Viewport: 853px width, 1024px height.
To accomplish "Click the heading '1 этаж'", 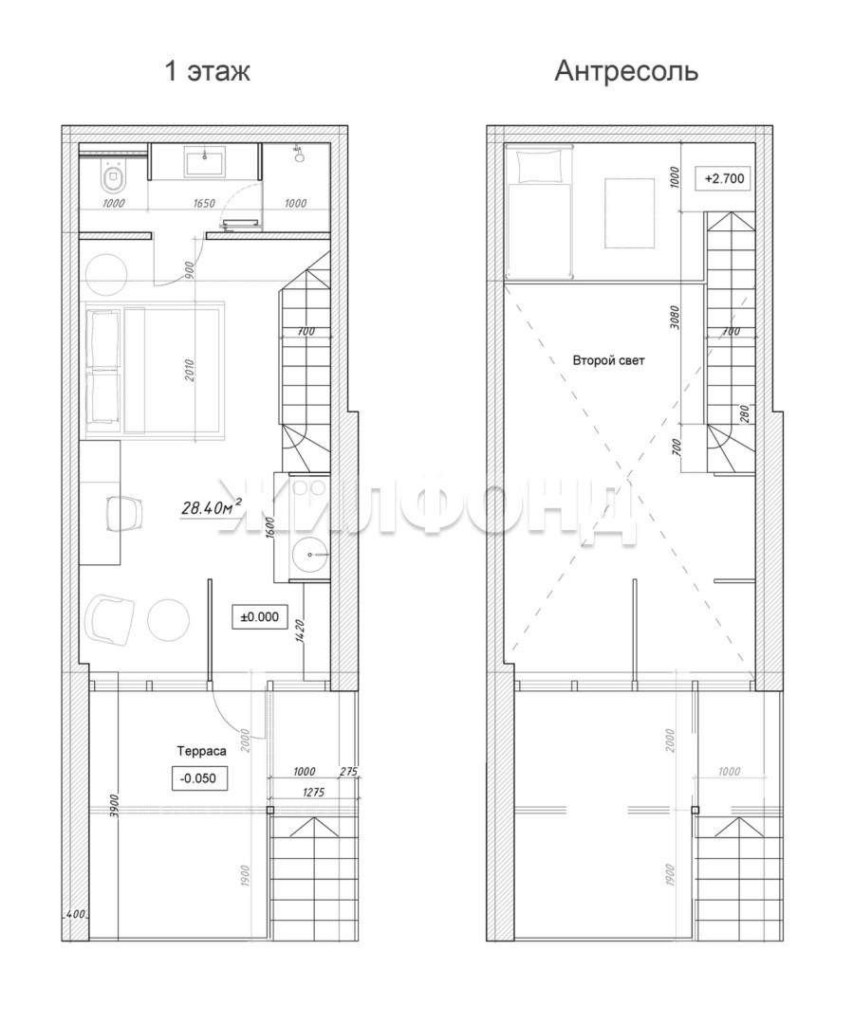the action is point(207,71).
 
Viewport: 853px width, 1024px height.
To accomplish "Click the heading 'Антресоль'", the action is point(626,71).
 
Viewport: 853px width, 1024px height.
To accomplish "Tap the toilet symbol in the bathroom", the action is point(112,175).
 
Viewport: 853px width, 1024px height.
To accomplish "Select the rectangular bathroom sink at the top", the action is point(205,162).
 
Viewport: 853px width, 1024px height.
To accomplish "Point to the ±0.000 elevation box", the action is point(260,616).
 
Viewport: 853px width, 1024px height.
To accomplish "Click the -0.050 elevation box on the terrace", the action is point(197,778).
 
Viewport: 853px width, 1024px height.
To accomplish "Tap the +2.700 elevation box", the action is point(724,178).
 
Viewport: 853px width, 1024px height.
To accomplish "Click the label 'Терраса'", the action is point(201,751).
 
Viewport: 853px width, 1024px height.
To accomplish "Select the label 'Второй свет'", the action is point(608,360).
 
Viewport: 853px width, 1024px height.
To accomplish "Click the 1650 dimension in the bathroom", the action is point(205,203).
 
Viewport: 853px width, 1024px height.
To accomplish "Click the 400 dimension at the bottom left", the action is point(76,915).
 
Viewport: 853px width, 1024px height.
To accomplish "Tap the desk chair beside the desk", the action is point(123,512).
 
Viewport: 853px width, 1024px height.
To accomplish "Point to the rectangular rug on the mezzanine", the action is point(630,213).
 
